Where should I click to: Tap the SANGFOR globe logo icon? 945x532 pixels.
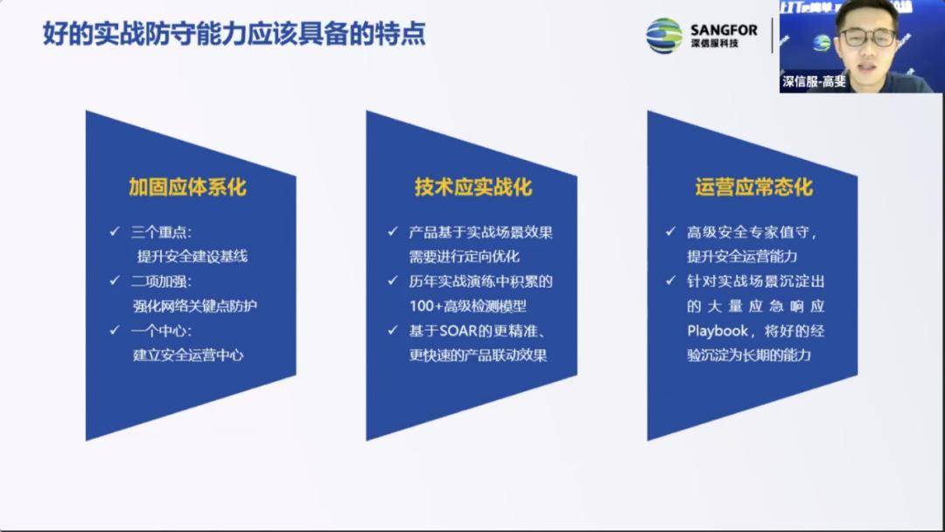(x=664, y=36)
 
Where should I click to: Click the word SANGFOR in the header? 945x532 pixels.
(x=723, y=30)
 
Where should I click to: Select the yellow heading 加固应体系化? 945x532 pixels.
(x=187, y=187)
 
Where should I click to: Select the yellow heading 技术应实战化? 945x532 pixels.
(x=472, y=187)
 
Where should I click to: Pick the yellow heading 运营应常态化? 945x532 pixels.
(x=753, y=187)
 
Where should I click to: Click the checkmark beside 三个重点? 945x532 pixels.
(x=115, y=232)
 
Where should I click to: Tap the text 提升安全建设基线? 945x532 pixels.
(x=192, y=256)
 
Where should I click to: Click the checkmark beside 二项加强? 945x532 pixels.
(x=115, y=281)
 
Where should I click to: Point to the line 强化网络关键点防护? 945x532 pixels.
(x=195, y=305)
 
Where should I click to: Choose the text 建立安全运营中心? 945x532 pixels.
(x=187, y=354)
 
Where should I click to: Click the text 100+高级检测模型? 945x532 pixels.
(x=468, y=305)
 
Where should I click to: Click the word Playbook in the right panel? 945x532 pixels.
(x=717, y=331)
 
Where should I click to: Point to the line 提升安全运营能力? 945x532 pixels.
(x=741, y=256)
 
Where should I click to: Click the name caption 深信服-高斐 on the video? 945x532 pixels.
(x=814, y=82)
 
